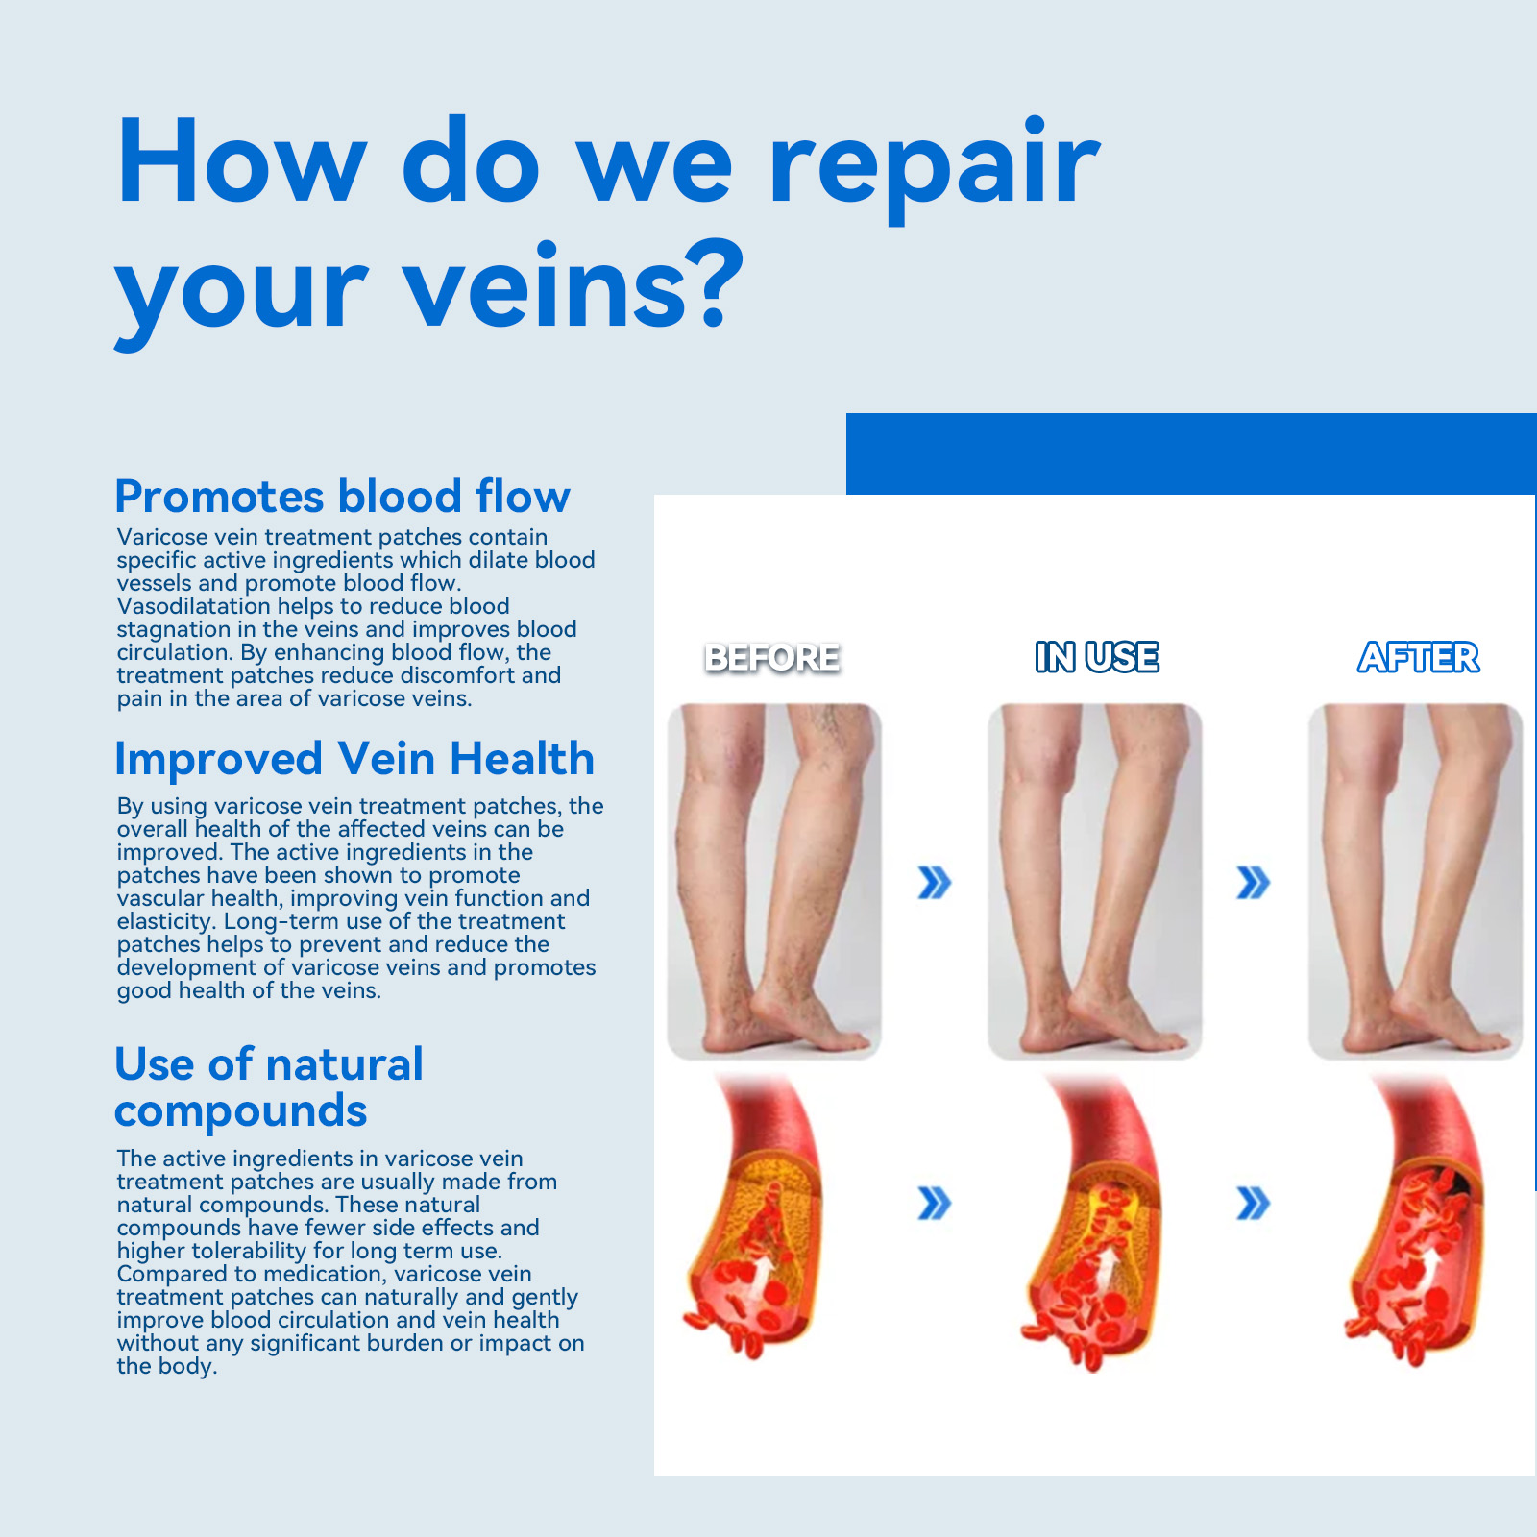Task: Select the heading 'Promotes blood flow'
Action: click(343, 497)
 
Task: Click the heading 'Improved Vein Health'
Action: click(354, 759)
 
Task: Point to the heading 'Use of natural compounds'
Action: click(269, 1087)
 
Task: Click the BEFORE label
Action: click(772, 658)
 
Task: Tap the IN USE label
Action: click(1097, 658)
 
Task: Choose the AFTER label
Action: click(1419, 658)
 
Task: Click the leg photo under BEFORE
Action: click(774, 882)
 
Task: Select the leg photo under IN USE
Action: click(1095, 882)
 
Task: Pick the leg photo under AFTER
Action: click(1416, 882)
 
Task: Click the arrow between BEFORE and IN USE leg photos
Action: click(935, 883)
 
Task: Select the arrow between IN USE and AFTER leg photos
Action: click(1254, 883)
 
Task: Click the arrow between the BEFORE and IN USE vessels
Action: click(935, 1203)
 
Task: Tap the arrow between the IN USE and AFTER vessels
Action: click(1254, 1203)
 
